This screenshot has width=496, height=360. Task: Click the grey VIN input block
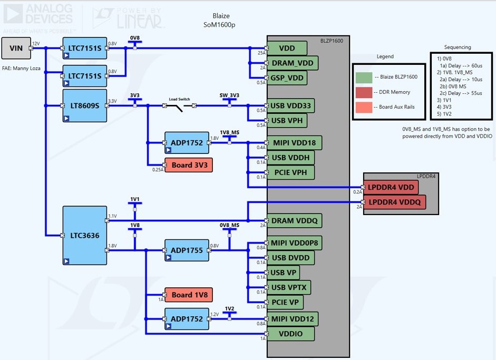[16, 48]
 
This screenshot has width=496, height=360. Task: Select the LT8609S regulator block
[84, 105]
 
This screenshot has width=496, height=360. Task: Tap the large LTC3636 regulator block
[84, 235]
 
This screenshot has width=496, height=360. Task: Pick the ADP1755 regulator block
[187, 250]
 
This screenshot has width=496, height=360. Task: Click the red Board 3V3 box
[188, 165]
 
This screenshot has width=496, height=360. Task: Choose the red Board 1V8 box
[188, 295]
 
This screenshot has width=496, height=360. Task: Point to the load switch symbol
[179, 106]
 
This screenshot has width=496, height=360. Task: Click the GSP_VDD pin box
[288, 78]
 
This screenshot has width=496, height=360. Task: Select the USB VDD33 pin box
[290, 106]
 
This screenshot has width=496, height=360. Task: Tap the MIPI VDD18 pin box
[294, 142]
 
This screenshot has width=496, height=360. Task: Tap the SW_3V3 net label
[229, 95]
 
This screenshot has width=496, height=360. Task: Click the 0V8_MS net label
[229, 225]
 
